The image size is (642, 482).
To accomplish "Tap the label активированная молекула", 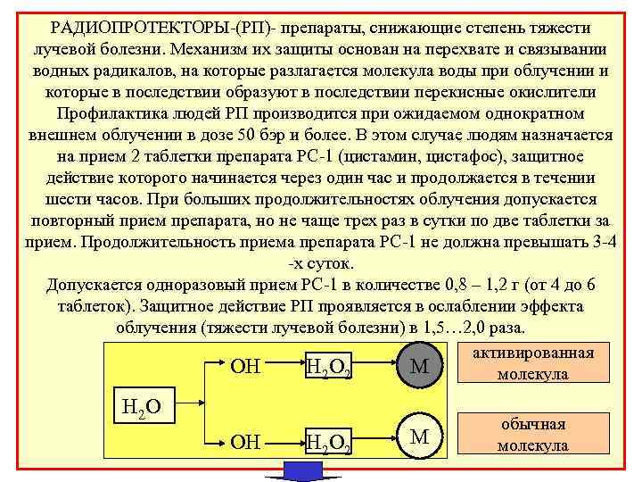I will (x=533, y=362).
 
